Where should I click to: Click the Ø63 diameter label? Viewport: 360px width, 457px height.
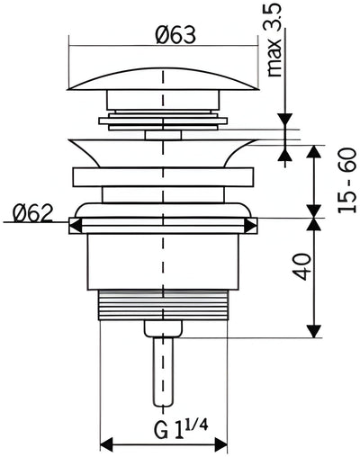tap(175, 35)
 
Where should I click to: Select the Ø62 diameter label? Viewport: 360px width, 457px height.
tap(32, 213)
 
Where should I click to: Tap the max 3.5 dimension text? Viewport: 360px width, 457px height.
tap(274, 40)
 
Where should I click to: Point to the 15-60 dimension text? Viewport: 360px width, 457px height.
tap(346, 181)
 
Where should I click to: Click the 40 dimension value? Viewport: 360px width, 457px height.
tap(301, 267)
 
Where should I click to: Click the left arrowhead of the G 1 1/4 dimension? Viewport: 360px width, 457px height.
tap(106, 444)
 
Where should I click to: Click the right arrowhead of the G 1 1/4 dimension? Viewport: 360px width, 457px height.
tap(220, 444)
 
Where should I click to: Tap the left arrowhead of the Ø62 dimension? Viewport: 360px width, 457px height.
tap(76, 225)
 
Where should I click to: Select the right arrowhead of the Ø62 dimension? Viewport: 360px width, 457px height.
tap(251, 225)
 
